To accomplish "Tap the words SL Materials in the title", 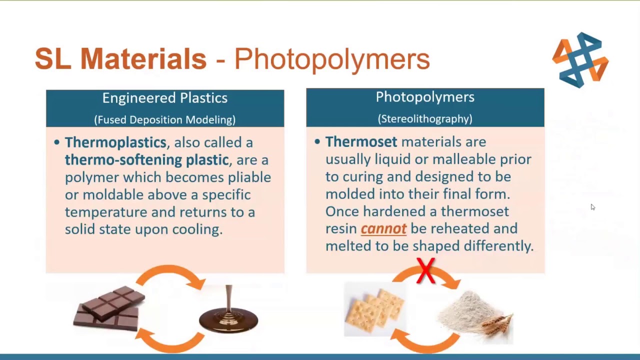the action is tap(120, 58).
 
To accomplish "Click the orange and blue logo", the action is tap(580, 60).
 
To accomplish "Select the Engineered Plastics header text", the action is tap(165, 98).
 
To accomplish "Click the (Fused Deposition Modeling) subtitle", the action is tap(165, 119).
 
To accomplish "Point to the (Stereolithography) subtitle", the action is tap(425, 119).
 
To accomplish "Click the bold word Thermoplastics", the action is tap(115, 142).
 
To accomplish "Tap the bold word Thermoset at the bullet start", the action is tap(361, 141).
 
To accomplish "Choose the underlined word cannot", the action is tap(383, 229).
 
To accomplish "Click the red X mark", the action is tap(425, 270).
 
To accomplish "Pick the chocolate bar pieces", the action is tap(109, 308).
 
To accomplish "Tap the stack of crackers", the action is tap(375, 310).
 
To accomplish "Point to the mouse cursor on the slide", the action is tap(593, 207).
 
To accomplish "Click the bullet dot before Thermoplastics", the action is tap(57, 142).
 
